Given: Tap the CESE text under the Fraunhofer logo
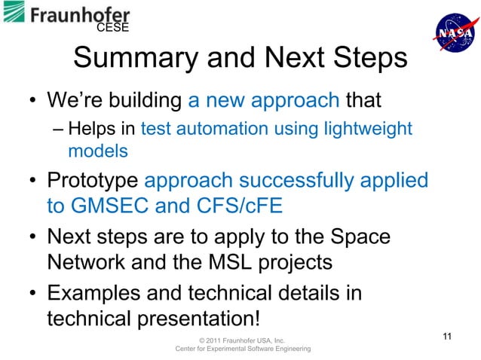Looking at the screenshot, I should point(113,29).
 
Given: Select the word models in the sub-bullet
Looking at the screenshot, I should point(98,151).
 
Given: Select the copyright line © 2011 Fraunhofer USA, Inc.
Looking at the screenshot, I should point(242,340).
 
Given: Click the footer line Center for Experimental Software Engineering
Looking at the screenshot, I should point(242,349).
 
